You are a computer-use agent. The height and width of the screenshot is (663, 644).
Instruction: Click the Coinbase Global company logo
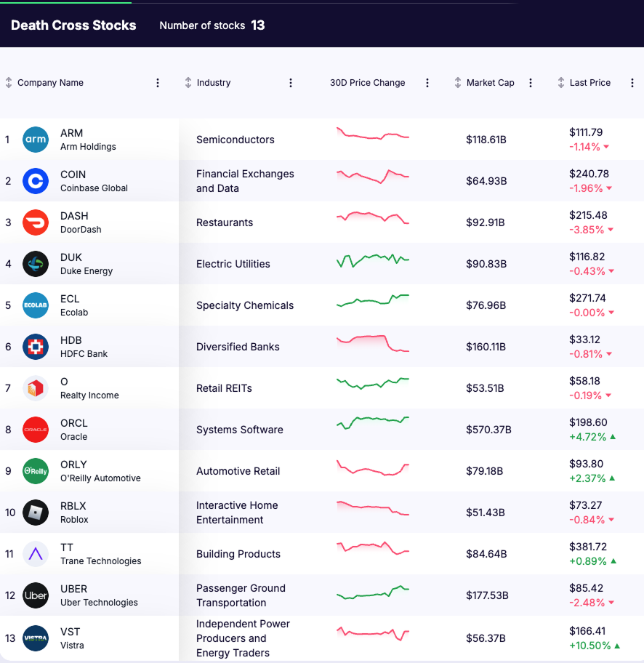[36, 181]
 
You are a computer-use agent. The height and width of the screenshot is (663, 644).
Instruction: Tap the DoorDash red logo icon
[36, 222]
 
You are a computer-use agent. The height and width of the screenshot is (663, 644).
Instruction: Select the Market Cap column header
[490, 83]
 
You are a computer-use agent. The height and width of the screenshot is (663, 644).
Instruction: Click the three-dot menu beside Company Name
[158, 83]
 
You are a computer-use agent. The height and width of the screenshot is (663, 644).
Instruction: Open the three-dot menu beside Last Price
[629, 83]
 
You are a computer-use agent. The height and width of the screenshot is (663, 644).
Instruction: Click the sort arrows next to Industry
[188, 83]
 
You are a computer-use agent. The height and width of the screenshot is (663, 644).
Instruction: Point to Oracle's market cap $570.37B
[488, 430]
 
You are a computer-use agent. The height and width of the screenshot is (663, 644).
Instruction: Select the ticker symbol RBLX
[73, 506]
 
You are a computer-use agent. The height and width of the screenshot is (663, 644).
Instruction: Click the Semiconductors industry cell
[236, 140]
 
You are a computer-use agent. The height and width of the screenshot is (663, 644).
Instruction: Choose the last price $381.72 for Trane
[588, 547]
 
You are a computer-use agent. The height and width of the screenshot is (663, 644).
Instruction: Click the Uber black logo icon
[36, 595]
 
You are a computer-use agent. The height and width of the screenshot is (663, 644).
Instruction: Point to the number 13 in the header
[258, 25]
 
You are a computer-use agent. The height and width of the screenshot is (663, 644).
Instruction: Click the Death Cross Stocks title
[73, 25]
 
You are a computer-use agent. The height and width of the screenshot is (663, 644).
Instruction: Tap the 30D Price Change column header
[367, 83]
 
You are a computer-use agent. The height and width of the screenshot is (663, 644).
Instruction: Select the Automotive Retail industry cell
[238, 471]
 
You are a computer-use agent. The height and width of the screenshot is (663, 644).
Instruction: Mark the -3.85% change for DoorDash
[587, 230]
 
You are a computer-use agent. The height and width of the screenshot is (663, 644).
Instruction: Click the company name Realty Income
[89, 395]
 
